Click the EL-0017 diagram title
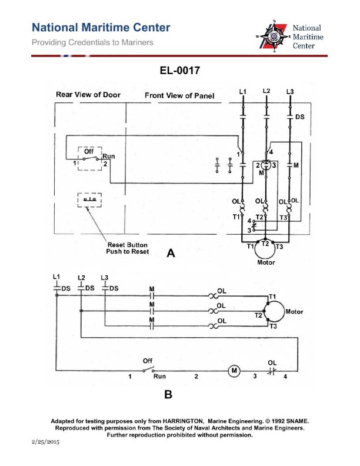coord(180,71)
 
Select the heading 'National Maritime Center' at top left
coord(101,28)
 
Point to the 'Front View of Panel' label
coord(179,95)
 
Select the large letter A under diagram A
coord(171,253)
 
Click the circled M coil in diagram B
coord(234,371)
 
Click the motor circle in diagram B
coord(273,310)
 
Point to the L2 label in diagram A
coord(266,91)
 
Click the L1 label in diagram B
coord(56,276)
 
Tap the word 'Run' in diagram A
coord(108,157)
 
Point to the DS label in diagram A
coord(299,118)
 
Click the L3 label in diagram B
coord(105,277)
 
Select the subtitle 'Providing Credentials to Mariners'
coord(92,43)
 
